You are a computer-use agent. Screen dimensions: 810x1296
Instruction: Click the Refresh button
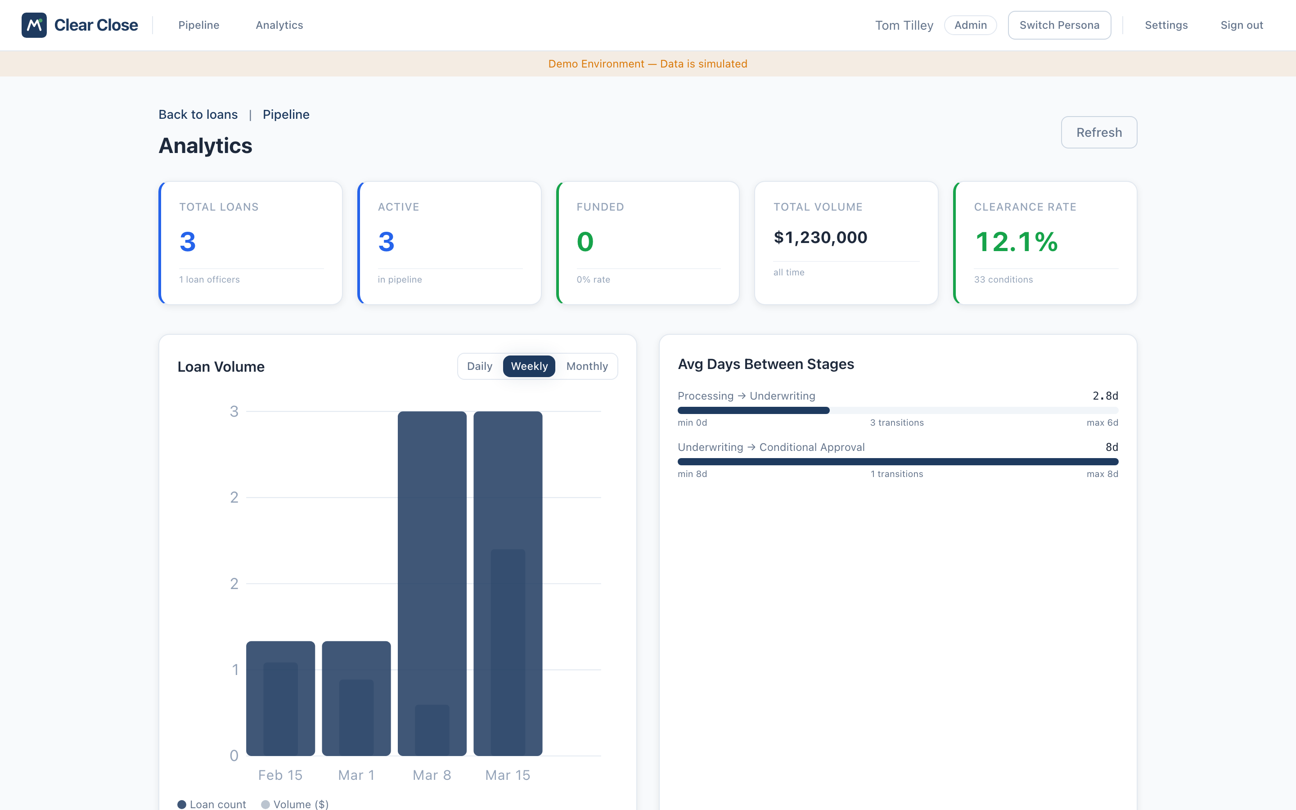[1098, 132]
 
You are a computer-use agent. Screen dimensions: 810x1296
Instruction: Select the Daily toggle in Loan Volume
[479, 366]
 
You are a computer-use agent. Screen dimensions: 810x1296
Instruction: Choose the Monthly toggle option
[587, 366]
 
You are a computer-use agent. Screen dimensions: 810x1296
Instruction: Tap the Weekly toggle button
[529, 366]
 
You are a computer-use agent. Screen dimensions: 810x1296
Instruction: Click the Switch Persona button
[1059, 25]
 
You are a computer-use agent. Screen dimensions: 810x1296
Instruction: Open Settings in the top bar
[1166, 25]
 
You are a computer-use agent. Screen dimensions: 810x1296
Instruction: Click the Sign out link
[1242, 25]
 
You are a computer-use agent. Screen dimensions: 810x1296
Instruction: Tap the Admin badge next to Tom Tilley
[970, 25]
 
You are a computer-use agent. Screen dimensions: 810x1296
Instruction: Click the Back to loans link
[198, 115]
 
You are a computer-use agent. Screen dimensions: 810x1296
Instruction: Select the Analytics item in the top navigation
[279, 25]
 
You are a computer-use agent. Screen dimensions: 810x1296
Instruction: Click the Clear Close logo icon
[34, 25]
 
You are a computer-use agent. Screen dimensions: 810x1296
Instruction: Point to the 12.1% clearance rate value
[1016, 242]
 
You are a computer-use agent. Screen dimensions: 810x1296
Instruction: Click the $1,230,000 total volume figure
[820, 237]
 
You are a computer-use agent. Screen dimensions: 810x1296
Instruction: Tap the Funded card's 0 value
[585, 242]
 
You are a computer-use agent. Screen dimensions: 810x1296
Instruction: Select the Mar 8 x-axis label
[432, 775]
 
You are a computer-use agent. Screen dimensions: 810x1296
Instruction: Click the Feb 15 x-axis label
[280, 775]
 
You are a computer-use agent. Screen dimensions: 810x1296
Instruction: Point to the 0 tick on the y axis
[234, 756]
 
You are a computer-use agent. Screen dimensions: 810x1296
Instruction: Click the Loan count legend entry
[212, 804]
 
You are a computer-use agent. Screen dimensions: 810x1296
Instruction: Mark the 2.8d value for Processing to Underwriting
[1105, 396]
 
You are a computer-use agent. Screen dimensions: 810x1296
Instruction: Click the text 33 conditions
[1003, 279]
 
